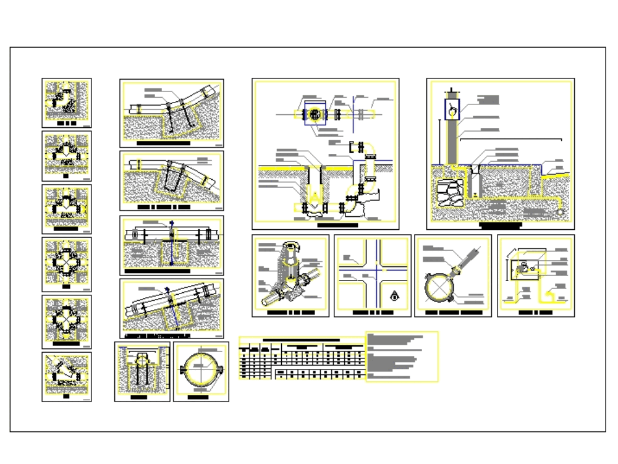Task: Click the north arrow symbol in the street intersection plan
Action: coord(394,297)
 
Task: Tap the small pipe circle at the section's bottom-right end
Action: coord(561,211)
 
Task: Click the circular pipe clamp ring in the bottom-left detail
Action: coord(201,371)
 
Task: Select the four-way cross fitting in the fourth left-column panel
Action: coord(67,262)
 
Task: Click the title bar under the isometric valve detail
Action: coord(290,313)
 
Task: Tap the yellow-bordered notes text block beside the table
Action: coord(402,356)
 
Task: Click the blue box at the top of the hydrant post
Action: coord(453,109)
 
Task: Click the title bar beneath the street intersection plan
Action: coord(372,313)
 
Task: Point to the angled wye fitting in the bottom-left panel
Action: coord(67,376)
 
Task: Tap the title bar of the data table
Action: coord(301,339)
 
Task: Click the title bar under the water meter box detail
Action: coord(536,313)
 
